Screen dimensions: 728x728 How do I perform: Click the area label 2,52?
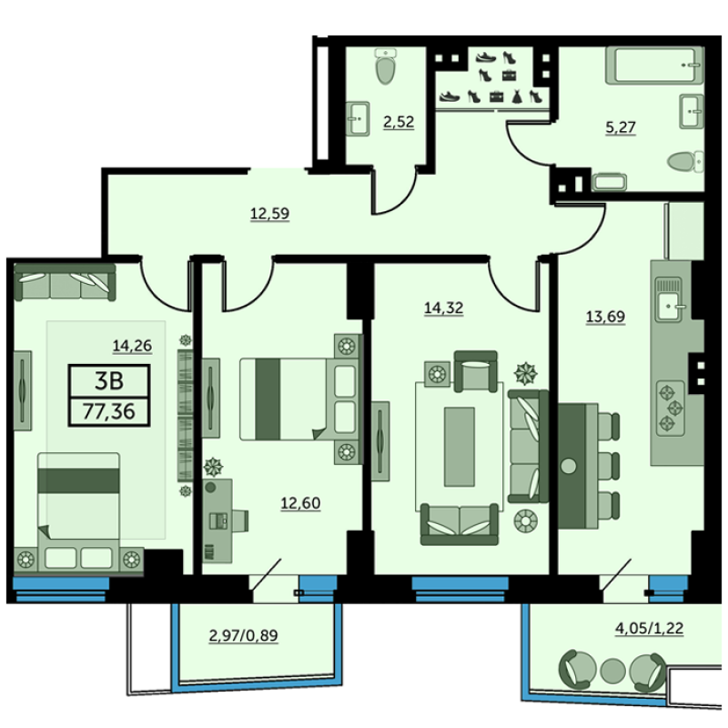(399, 122)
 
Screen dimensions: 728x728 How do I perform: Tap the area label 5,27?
(621, 127)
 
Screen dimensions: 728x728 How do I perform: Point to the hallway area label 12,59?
(269, 214)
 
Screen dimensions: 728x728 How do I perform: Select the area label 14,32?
(444, 308)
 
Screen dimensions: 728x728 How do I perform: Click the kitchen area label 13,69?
(605, 317)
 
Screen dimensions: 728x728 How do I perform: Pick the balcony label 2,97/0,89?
(243, 635)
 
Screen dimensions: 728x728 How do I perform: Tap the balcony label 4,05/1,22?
(649, 629)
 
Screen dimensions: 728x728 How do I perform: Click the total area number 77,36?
(108, 412)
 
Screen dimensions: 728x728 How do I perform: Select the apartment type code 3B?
(109, 381)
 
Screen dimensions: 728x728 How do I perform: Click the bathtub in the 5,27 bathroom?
(654, 65)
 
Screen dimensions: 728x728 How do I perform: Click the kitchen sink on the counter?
(669, 299)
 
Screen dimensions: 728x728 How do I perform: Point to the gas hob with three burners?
(671, 408)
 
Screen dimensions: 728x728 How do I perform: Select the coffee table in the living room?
(460, 447)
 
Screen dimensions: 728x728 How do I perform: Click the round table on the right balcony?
(612, 671)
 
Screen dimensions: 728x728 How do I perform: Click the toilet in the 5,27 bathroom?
(686, 162)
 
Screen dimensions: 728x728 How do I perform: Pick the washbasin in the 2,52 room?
(358, 119)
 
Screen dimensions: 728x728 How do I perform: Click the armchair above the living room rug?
(475, 371)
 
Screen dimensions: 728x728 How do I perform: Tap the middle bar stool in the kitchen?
(609, 466)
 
